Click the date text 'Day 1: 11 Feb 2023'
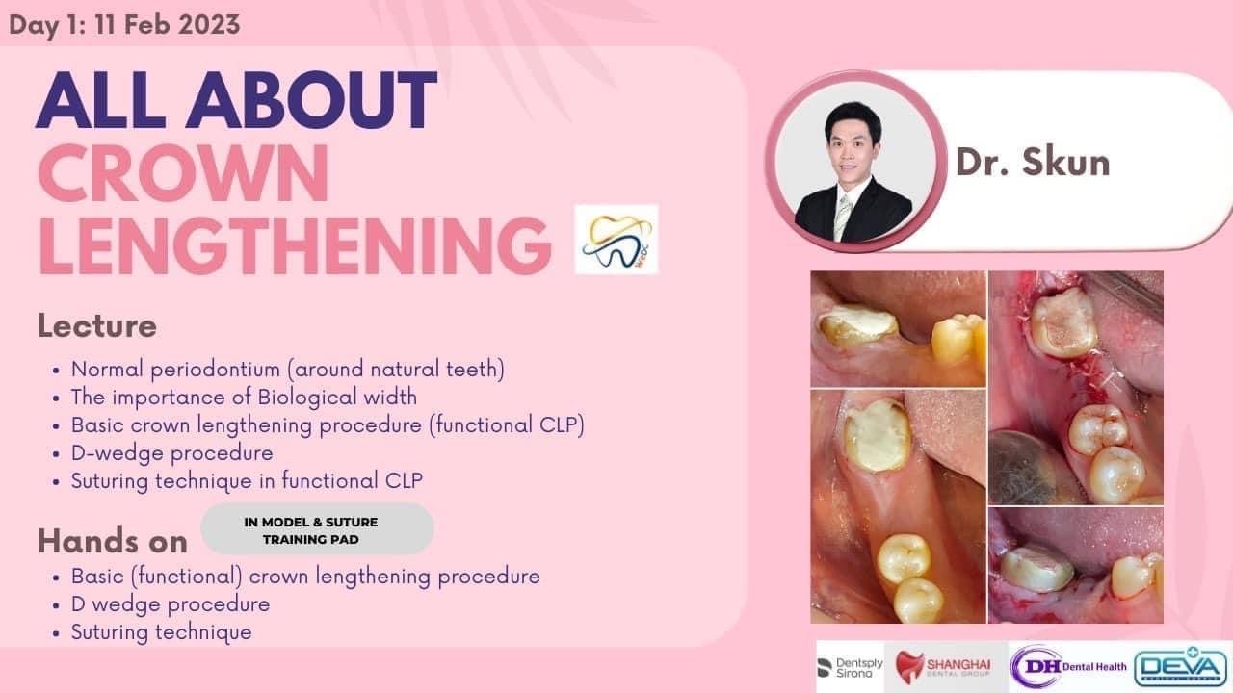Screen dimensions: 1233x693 click(124, 25)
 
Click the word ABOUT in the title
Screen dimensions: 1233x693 click(312, 101)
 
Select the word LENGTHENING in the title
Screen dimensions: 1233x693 click(295, 245)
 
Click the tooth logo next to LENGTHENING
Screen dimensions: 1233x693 click(616, 240)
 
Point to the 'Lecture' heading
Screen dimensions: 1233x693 click(97, 325)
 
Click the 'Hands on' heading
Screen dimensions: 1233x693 click(113, 541)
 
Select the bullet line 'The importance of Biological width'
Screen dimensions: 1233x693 click(244, 398)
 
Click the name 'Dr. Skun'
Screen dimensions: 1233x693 click(1033, 163)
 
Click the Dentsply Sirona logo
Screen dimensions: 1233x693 click(851, 668)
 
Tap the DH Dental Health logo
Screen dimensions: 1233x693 click(1069, 667)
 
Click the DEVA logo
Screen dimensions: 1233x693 click(1181, 667)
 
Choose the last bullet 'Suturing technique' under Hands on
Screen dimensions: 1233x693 click(161, 632)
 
